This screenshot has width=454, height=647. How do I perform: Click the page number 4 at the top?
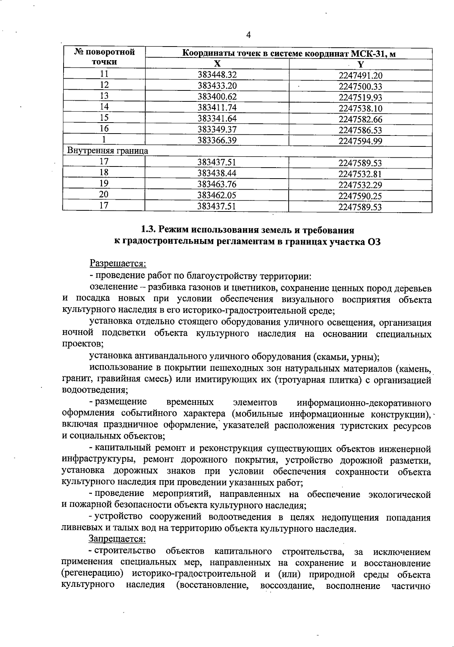click(x=248, y=35)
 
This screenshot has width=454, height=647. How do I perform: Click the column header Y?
click(x=360, y=64)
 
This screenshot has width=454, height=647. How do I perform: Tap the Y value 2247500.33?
click(x=360, y=86)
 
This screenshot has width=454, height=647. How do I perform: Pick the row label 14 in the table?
click(x=104, y=107)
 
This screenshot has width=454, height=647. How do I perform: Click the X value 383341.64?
click(x=217, y=118)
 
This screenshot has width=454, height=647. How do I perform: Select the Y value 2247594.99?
click(x=360, y=142)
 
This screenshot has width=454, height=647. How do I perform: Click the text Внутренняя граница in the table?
click(x=107, y=151)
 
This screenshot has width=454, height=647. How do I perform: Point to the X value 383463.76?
click(x=217, y=184)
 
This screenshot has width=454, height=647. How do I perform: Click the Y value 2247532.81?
click(x=360, y=174)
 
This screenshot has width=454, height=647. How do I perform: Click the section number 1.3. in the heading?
click(x=148, y=229)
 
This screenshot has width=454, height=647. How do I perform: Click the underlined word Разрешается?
click(x=118, y=263)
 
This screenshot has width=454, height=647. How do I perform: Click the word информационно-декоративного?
click(x=364, y=402)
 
